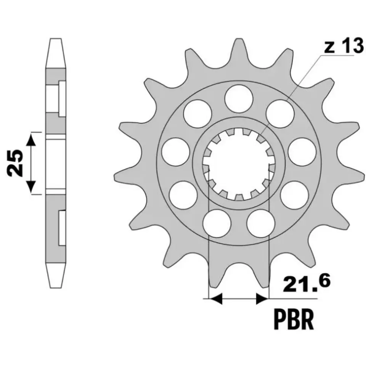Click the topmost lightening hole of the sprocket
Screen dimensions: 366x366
pos(239,98)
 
